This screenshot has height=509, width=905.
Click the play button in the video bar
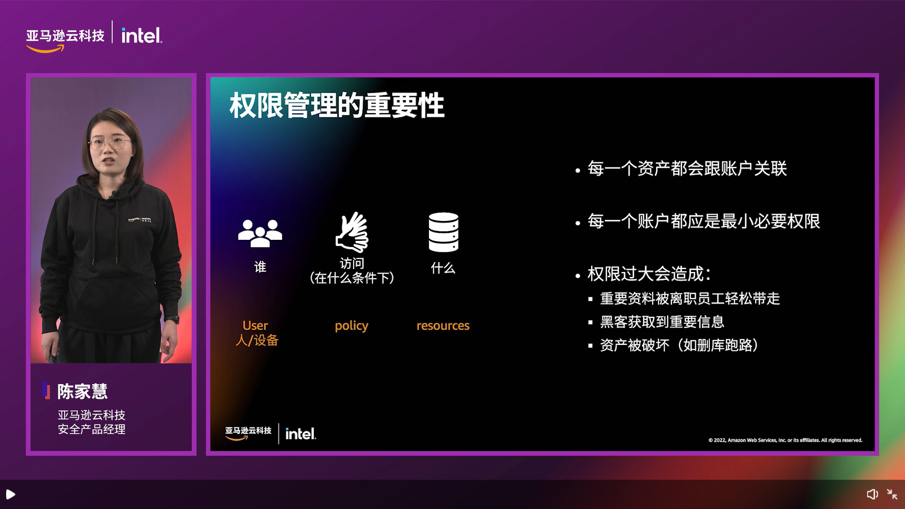coord(10,494)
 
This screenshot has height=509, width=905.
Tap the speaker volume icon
coord(872,494)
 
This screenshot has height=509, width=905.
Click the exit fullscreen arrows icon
coord(892,494)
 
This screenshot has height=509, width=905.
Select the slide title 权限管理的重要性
coord(337,105)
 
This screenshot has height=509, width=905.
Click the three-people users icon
coord(260,233)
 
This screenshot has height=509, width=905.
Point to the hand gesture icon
coord(352,232)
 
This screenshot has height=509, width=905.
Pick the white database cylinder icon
coord(443,232)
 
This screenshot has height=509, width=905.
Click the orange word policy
coord(351,326)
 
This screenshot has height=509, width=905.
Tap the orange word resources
coord(443,325)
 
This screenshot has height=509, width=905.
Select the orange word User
coord(255,325)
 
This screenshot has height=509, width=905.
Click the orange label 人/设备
coord(257,340)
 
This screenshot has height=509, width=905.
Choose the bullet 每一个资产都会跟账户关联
coord(687,169)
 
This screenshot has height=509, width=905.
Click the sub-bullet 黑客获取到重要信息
coord(662,322)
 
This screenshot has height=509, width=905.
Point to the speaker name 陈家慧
coord(82,391)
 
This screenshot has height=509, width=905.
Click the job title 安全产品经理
coord(91,429)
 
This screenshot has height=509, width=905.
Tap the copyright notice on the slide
coord(785,440)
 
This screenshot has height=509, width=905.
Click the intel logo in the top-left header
coord(141,35)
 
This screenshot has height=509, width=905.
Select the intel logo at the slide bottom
coord(301,434)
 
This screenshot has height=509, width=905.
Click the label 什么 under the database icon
coord(443,268)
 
